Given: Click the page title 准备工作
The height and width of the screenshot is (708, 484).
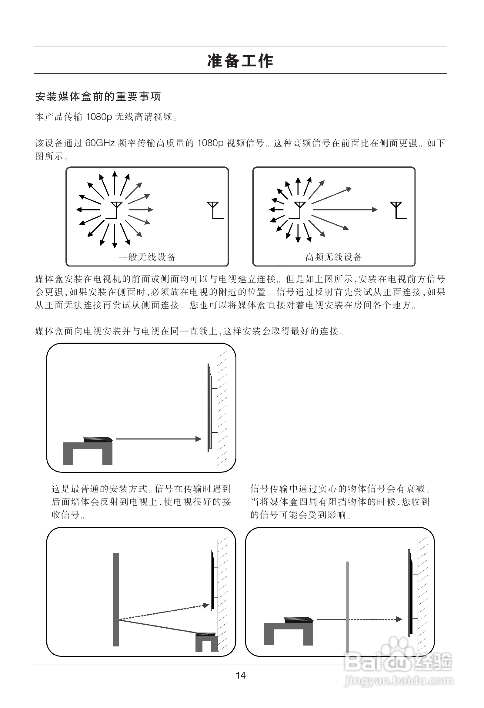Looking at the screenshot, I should tap(240, 61).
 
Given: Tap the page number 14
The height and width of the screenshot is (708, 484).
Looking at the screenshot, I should tap(241, 675).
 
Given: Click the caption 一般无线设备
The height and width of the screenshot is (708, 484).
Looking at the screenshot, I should tap(147, 257).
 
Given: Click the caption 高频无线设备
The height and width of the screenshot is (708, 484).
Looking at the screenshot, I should tap(334, 257).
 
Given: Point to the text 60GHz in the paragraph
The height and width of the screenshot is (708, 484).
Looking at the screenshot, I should tap(100, 143).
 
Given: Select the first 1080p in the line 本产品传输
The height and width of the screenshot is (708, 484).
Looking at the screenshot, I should tap(99, 117).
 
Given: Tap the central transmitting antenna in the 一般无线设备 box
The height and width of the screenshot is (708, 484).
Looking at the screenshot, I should tap(115, 210).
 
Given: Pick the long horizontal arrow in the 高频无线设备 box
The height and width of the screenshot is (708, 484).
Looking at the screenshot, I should tap(344, 210).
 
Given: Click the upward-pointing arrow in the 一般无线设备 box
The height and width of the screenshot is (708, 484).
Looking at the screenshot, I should tap(115, 183).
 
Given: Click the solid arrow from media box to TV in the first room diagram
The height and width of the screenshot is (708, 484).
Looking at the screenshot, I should tap(159, 439).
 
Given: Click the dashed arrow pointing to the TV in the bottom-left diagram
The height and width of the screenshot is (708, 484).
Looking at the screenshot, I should tap(165, 612).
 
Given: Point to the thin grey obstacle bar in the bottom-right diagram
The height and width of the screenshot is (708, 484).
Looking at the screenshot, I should tap(347, 606).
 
